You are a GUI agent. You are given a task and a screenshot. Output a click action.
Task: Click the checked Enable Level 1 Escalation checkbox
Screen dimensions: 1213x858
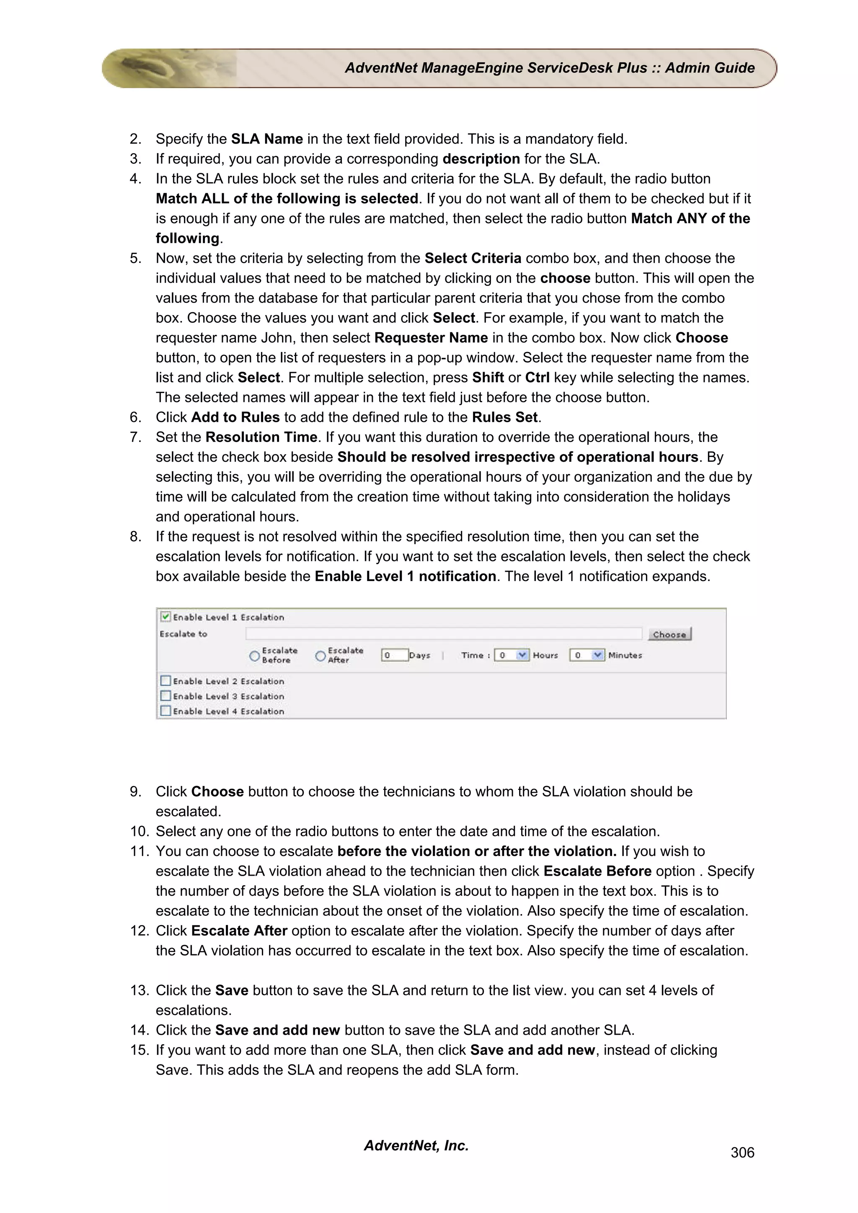[165, 617]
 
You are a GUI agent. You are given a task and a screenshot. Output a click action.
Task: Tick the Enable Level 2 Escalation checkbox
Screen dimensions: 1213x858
[165, 681]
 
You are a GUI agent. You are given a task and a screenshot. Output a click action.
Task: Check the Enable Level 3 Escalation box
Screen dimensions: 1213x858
[165, 696]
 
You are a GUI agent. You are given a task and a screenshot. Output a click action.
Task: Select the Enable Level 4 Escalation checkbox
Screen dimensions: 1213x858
[165, 711]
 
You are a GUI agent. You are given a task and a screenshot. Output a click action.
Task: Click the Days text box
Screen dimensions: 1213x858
[394, 655]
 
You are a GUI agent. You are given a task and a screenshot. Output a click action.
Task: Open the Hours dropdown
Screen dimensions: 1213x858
[522, 655]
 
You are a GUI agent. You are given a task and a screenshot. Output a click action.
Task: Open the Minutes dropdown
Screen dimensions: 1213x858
[597, 655]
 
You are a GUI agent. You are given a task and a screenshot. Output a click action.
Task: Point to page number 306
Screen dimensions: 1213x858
[742, 1152]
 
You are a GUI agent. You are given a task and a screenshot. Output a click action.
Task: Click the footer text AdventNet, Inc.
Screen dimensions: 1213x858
[416, 1145]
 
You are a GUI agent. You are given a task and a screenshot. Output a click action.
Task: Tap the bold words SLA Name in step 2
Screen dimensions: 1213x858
[266, 139]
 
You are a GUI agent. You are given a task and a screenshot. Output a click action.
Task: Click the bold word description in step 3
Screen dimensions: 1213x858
[481, 159]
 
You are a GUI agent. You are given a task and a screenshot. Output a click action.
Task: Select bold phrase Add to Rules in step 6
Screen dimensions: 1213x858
[235, 417]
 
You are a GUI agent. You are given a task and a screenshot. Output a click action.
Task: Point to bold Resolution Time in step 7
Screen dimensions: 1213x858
[261, 437]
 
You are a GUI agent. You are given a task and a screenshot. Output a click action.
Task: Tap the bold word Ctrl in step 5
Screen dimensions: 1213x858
[537, 378]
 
